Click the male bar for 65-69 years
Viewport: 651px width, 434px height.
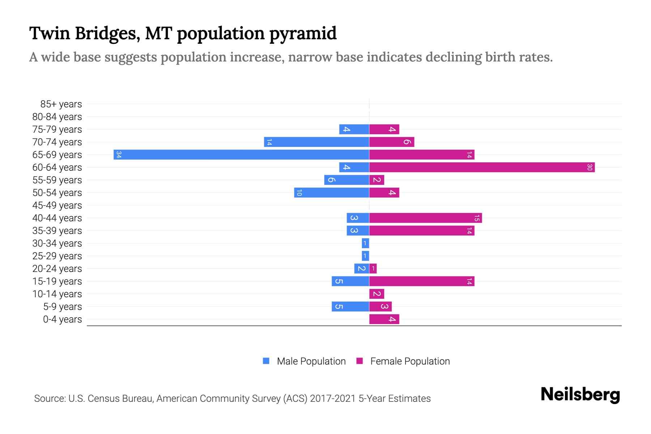point(241,155)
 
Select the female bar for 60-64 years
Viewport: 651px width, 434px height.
point(482,167)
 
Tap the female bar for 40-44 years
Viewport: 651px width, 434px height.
point(425,218)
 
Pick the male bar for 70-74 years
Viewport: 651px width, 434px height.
point(316,142)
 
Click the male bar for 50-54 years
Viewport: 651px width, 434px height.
point(332,193)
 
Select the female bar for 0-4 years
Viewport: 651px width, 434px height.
point(384,319)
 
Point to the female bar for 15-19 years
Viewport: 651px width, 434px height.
point(422,281)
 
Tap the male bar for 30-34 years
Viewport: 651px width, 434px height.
point(365,243)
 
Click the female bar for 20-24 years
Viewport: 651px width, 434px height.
point(373,269)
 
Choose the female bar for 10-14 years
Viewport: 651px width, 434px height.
point(376,294)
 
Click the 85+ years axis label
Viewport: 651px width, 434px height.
point(61,104)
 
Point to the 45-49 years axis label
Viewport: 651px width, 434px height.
point(57,205)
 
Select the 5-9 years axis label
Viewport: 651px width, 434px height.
point(63,307)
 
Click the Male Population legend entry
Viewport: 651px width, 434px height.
point(311,361)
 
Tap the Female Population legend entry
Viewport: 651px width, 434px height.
point(410,361)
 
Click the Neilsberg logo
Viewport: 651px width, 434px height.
point(580,395)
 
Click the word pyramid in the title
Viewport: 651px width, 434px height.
point(303,34)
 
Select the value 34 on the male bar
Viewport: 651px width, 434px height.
point(119,155)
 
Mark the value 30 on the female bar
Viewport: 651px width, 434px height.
point(590,167)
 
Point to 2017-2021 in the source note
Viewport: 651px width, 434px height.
point(333,399)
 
